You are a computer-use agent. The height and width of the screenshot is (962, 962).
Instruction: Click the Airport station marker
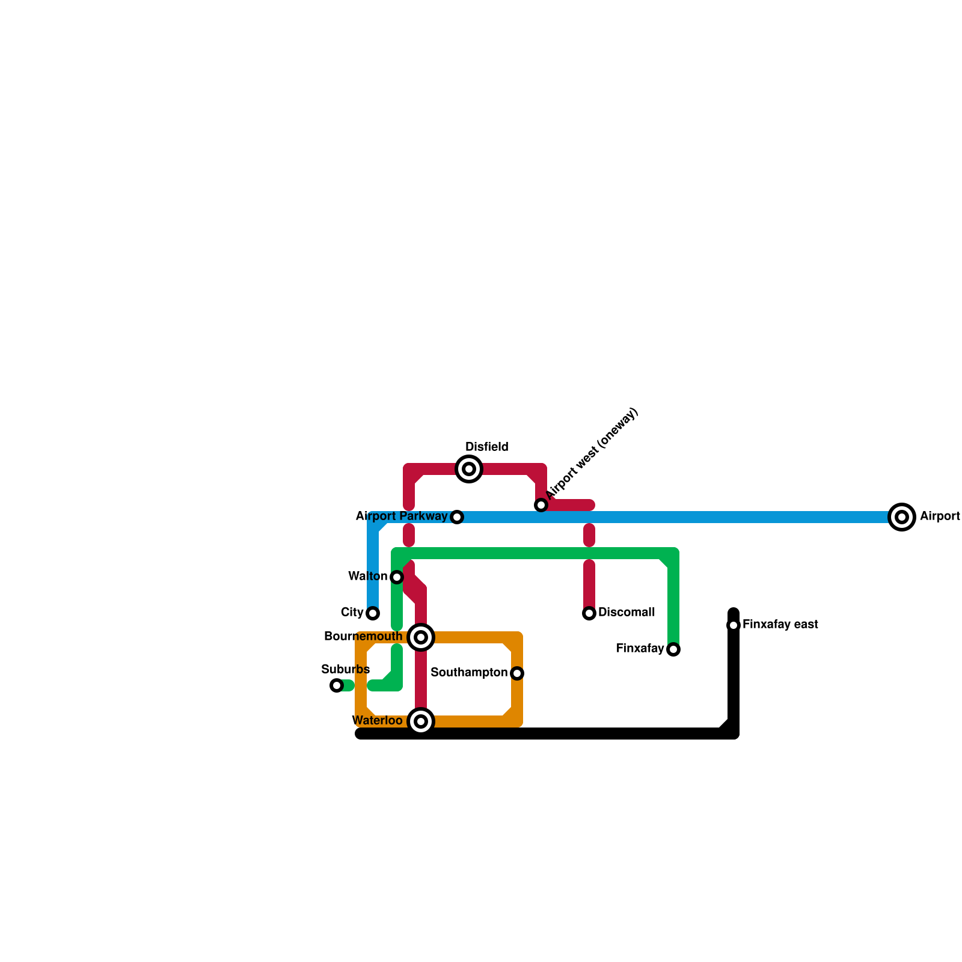901,517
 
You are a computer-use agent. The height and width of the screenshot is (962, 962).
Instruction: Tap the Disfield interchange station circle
469,469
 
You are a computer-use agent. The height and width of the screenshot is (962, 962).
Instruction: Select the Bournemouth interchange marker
421,637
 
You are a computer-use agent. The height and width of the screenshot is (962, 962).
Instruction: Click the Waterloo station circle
421,721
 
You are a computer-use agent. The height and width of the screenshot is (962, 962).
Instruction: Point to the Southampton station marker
517,673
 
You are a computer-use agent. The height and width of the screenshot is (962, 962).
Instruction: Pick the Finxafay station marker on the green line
673,649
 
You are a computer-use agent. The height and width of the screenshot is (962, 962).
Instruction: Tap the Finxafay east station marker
734,625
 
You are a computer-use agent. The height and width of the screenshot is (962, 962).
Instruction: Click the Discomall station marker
589,613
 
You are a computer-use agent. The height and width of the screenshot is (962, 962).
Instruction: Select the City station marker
373,613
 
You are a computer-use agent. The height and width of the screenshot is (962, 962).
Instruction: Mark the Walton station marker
397,577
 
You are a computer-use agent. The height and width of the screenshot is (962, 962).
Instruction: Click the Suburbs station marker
337,685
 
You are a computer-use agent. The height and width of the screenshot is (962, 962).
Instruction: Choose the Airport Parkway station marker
457,517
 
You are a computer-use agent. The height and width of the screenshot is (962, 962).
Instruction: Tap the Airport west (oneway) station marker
541,505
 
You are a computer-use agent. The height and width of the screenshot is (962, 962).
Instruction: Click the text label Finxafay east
780,625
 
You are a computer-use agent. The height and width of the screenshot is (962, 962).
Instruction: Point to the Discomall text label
627,613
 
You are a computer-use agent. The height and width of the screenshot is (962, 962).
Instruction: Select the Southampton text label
469,673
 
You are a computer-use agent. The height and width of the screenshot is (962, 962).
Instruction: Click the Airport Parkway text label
401,516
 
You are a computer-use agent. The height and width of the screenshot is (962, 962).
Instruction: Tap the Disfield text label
487,447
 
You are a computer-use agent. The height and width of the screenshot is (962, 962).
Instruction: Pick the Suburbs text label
346,670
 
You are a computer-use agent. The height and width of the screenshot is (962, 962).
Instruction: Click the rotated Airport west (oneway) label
592,454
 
